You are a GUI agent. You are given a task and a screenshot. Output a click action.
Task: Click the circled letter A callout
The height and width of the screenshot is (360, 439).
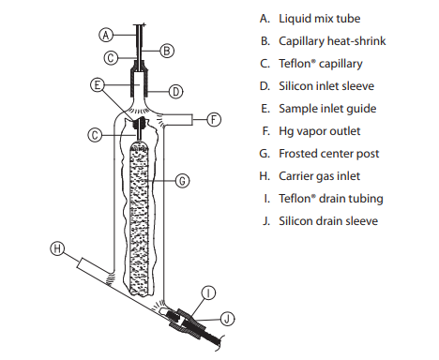pos(106,33)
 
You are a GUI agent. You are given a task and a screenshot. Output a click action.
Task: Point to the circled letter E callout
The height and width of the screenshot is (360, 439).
pos(97,84)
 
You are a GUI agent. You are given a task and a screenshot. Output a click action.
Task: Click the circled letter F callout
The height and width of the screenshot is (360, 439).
pos(215,119)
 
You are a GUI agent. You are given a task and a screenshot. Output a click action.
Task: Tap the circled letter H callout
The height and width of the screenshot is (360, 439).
pos(57,248)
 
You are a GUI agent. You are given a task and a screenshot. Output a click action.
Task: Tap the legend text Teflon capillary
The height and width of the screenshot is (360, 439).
pos(320,64)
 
